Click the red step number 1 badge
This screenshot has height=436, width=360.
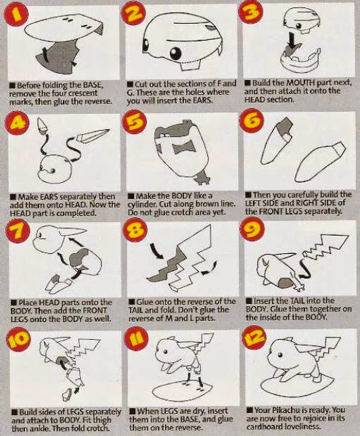click(16, 15)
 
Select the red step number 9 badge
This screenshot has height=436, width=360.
click(251, 229)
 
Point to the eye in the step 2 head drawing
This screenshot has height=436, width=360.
click(176, 52)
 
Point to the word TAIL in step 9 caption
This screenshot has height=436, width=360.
click(296, 301)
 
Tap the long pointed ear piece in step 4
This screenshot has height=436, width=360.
click(92, 136)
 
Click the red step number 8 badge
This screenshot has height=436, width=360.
click(135, 229)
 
